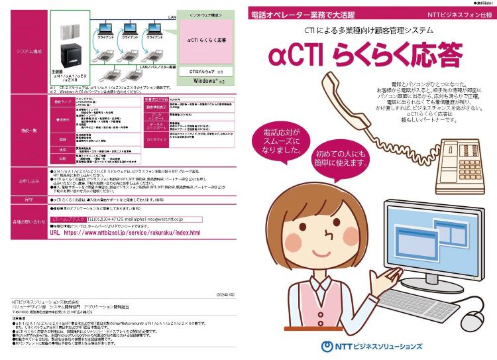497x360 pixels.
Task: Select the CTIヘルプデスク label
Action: (x=68, y=218)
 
